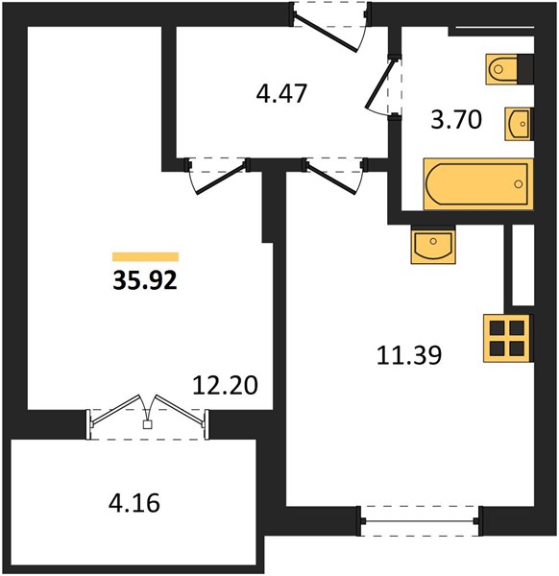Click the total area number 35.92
click(x=145, y=281)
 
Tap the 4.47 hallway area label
click(x=281, y=94)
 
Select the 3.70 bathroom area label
click(x=456, y=120)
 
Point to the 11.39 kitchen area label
click(x=409, y=355)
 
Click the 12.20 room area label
click(x=226, y=385)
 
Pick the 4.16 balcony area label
click(x=134, y=503)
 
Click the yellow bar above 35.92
click(x=146, y=256)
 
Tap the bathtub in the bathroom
click(x=478, y=184)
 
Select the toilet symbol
click(x=501, y=69)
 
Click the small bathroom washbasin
click(x=519, y=124)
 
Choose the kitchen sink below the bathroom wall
click(x=433, y=245)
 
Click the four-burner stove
click(x=507, y=338)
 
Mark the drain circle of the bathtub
click(x=519, y=184)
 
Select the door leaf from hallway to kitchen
click(x=332, y=179)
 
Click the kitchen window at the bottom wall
click(x=420, y=521)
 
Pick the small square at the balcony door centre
click(x=147, y=424)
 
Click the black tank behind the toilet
click(x=525, y=69)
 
